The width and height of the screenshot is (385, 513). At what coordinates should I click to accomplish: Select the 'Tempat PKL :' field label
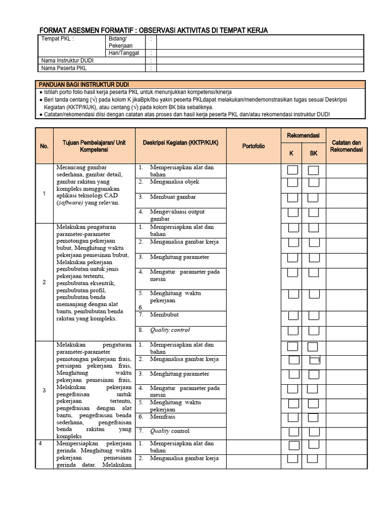(x=57, y=39)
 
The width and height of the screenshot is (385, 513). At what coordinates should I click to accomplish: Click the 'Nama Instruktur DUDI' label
(x=67, y=60)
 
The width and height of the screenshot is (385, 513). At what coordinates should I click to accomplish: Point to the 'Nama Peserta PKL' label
(x=64, y=68)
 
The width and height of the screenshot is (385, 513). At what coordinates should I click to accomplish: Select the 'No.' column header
(x=44, y=146)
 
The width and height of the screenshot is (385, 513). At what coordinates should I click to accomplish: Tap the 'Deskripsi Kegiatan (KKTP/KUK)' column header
(x=181, y=143)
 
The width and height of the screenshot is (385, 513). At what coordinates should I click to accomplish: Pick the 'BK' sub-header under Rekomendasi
(x=313, y=153)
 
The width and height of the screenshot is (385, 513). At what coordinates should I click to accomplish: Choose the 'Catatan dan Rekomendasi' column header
(x=346, y=146)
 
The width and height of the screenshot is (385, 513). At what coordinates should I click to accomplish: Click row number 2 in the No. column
(x=44, y=282)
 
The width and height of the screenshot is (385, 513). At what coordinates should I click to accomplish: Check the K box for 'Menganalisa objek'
(x=293, y=183)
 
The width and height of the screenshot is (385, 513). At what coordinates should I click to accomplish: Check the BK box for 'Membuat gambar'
(x=313, y=197)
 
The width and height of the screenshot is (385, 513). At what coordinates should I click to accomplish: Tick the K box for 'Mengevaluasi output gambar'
(x=293, y=212)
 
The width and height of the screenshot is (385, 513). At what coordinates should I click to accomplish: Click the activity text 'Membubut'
(x=164, y=315)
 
